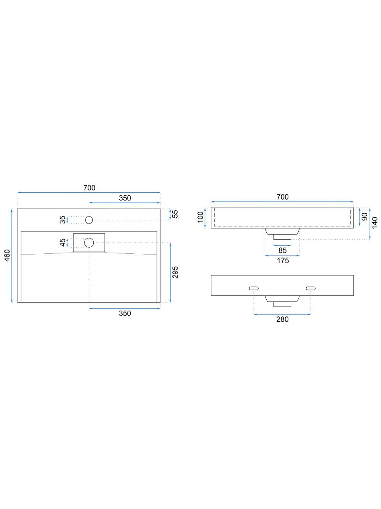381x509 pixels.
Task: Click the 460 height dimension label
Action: click(x=7, y=255)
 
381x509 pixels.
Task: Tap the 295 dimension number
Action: click(x=175, y=272)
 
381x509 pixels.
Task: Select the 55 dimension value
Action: click(x=176, y=214)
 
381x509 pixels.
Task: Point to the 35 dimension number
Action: click(x=62, y=220)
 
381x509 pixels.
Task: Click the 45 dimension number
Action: click(x=62, y=243)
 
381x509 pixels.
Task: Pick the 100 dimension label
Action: click(x=200, y=217)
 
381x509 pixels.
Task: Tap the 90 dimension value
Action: click(x=365, y=217)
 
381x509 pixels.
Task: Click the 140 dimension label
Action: click(x=375, y=222)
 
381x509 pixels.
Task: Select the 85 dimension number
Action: click(x=282, y=250)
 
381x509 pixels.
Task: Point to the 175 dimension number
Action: click(x=283, y=260)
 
